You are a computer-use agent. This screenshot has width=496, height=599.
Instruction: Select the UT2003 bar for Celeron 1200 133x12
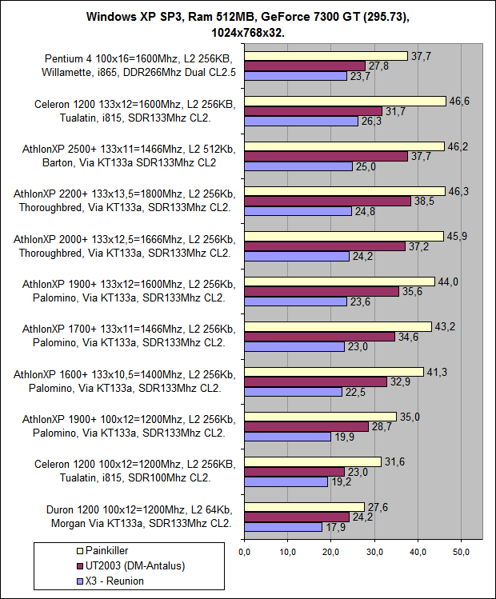pos(314,111)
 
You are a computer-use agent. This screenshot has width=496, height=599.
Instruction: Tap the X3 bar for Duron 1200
pos(283,526)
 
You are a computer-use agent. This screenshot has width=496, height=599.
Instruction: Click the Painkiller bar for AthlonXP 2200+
pos(344,191)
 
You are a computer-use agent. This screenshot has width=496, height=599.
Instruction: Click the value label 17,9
pos(335,526)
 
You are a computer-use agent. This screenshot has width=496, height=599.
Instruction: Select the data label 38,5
pos(423,202)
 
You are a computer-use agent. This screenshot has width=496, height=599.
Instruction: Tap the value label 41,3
pos(436,371)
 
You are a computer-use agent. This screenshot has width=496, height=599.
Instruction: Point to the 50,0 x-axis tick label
pos(462,552)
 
